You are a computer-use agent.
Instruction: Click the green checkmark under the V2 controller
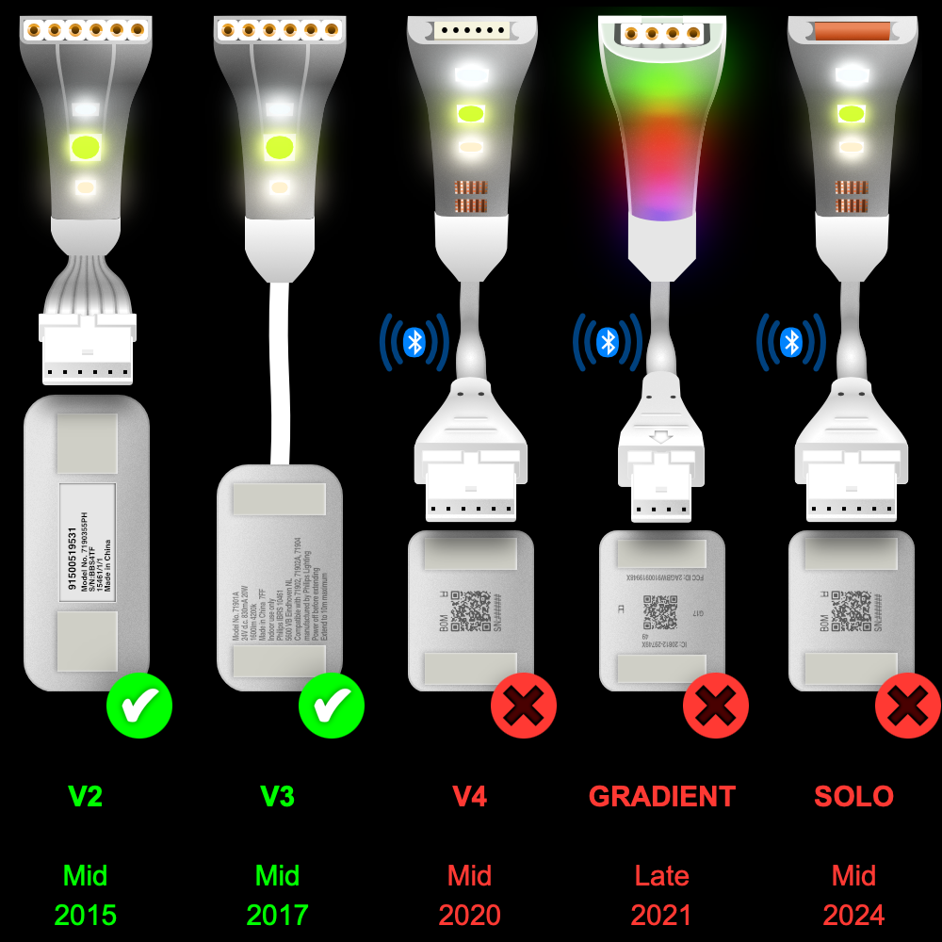(x=139, y=706)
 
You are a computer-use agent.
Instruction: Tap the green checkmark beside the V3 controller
(x=332, y=706)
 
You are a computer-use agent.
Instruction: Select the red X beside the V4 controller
(x=524, y=706)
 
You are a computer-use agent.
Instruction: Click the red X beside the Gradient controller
(x=716, y=706)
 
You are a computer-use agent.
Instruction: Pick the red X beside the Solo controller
(x=908, y=706)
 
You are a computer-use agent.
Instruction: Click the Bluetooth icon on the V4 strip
(x=414, y=342)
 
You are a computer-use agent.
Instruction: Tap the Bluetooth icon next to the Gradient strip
(x=608, y=342)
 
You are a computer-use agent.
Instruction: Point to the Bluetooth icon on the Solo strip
(x=791, y=342)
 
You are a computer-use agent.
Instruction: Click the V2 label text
(x=85, y=797)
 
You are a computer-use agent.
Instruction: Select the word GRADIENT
(x=662, y=797)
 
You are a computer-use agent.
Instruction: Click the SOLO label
(x=853, y=797)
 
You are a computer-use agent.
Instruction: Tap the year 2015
(x=85, y=915)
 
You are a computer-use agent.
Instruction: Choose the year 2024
(x=853, y=915)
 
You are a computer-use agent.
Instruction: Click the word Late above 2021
(x=662, y=876)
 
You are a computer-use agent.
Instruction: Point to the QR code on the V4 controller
(x=470, y=610)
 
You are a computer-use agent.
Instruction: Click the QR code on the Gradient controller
(x=660, y=612)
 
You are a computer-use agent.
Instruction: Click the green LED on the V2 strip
(x=85, y=147)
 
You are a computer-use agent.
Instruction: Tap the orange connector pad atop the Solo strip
(x=853, y=31)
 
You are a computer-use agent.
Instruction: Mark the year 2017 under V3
(x=278, y=915)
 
